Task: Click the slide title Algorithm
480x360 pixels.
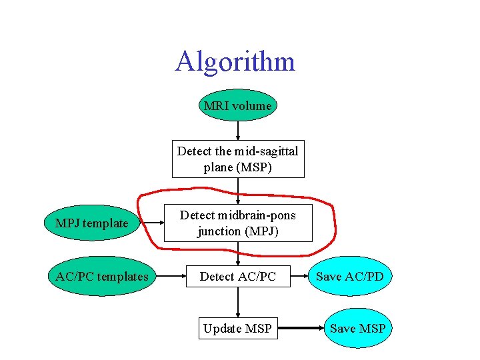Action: (235, 61)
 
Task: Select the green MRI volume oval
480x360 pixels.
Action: (237, 105)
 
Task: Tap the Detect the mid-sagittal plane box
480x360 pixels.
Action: (238, 159)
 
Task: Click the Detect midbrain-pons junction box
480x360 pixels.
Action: (238, 223)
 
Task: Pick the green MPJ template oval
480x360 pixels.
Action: (92, 223)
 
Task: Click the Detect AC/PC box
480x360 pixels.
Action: (238, 276)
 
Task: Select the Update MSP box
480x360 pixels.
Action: (238, 328)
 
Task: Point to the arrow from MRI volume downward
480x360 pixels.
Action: (238, 131)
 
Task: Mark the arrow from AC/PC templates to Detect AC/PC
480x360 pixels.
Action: (167, 276)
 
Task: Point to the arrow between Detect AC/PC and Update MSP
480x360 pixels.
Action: (238, 302)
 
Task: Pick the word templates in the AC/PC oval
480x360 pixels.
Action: (121, 276)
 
